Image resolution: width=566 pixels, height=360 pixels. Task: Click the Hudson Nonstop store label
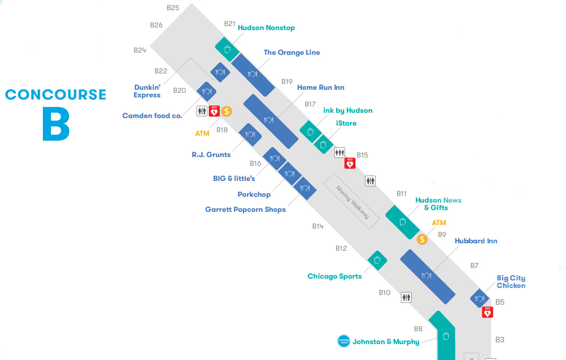pyautogui.click(x=266, y=28)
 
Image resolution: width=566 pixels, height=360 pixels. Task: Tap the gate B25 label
pyautogui.click(x=173, y=8)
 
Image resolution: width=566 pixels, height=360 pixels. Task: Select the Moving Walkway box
pyautogui.click(x=352, y=201)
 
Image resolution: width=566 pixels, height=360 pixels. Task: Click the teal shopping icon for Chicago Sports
pyautogui.click(x=377, y=260)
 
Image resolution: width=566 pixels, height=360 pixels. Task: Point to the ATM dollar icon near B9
pyautogui.click(x=422, y=239)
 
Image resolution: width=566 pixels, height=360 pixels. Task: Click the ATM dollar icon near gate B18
pyautogui.click(x=226, y=111)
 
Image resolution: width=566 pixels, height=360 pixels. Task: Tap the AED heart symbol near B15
pyautogui.click(x=350, y=163)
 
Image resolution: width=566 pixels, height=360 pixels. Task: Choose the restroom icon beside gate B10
pyautogui.click(x=406, y=297)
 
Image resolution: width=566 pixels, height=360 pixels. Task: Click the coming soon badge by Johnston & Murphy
pyautogui.click(x=344, y=341)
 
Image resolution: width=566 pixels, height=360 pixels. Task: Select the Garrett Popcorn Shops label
pyautogui.click(x=245, y=210)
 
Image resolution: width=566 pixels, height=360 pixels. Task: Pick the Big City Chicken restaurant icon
pyautogui.click(x=479, y=299)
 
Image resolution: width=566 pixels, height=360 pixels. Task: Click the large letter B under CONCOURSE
pyautogui.click(x=56, y=123)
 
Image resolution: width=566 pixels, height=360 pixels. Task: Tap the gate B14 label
pyautogui.click(x=317, y=226)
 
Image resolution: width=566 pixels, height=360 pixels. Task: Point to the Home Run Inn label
pyautogui.click(x=321, y=88)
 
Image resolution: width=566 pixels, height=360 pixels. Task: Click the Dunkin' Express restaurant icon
pyautogui.click(x=220, y=72)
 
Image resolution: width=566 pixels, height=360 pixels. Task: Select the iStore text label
pyautogui.click(x=346, y=123)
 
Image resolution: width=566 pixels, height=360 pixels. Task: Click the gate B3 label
pyautogui.click(x=500, y=340)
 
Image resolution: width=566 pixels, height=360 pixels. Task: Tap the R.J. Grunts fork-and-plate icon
pyautogui.click(x=250, y=134)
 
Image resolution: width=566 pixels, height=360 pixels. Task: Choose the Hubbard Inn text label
pyautogui.click(x=476, y=241)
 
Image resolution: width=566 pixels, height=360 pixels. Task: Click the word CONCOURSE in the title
pyautogui.click(x=56, y=95)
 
